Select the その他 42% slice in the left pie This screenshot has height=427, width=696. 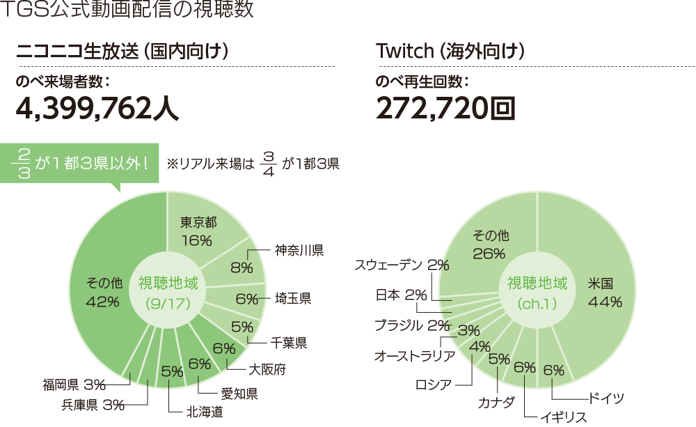104,293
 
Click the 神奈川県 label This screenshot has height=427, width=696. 299,249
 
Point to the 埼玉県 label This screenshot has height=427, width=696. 292,299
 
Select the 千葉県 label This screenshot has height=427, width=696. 288,343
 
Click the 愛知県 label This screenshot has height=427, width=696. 239,394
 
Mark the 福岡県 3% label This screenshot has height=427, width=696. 73,384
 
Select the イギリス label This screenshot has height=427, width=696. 564,417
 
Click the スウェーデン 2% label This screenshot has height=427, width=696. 402,265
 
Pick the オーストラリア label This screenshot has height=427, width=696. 415,356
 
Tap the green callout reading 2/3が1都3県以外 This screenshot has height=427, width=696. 81,164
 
